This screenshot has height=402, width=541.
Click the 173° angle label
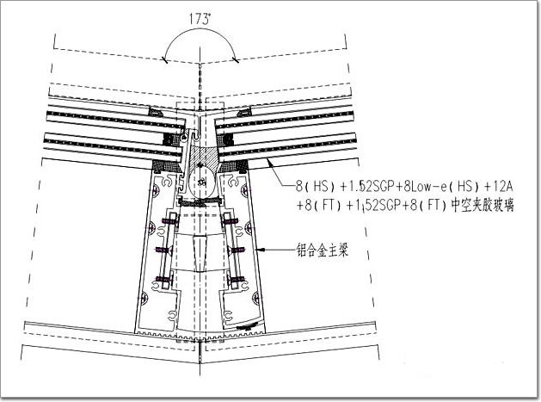tap(200, 19)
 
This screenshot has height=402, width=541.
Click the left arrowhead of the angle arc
tap(165, 60)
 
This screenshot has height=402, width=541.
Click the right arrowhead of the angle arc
tap(236, 60)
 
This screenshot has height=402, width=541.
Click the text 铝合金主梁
tap(323, 250)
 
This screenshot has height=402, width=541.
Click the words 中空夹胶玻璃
tap(483, 206)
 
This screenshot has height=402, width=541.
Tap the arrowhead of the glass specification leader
tap(269, 162)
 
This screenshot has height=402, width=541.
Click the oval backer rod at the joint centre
tap(201, 182)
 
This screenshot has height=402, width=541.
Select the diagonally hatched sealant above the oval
tap(201, 154)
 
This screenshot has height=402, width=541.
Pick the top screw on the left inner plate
tap(169, 221)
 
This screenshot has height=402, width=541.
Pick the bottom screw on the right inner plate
tap(237, 279)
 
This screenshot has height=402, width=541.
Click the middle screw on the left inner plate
tap(163, 250)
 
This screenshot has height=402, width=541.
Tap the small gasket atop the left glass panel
tap(156, 112)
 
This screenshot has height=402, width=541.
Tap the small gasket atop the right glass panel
tap(244, 112)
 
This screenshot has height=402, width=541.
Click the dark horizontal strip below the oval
tap(200, 202)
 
